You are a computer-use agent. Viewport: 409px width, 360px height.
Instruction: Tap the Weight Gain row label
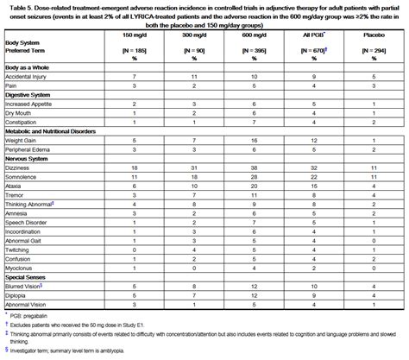click(21, 139)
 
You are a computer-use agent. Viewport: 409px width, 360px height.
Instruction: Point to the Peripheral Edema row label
click(27, 148)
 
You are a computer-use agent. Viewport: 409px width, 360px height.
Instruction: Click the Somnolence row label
click(22, 175)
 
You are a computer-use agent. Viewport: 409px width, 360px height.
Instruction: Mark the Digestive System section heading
click(31, 95)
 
